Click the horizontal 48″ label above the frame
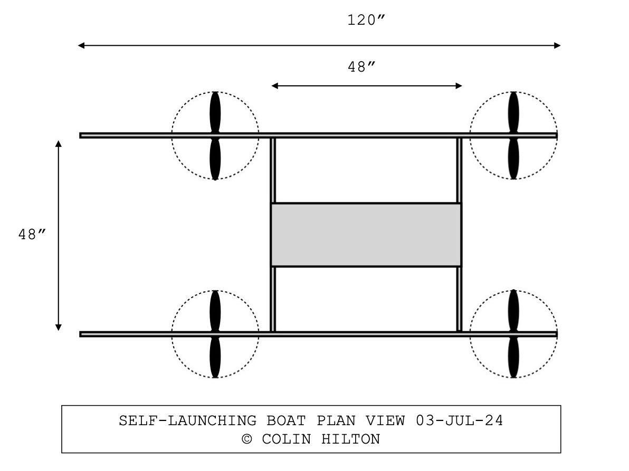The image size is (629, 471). tap(361, 67)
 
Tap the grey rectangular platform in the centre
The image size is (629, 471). tap(366, 235)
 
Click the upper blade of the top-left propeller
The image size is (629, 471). tap(215, 112)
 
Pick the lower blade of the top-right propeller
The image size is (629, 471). tap(513, 159)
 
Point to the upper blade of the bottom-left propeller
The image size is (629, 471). tap(215, 311)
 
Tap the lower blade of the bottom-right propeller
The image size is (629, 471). tap(513, 358)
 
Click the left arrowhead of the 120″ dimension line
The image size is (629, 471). tap(81, 45)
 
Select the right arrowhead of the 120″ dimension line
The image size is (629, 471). tap(557, 45)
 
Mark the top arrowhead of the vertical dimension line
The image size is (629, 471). tap(59, 144)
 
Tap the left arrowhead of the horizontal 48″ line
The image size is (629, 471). tap(274, 86)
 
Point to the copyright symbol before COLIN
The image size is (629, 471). tap(247, 439)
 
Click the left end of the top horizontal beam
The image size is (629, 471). tap(82, 135)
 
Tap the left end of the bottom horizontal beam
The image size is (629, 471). tap(82, 334)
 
